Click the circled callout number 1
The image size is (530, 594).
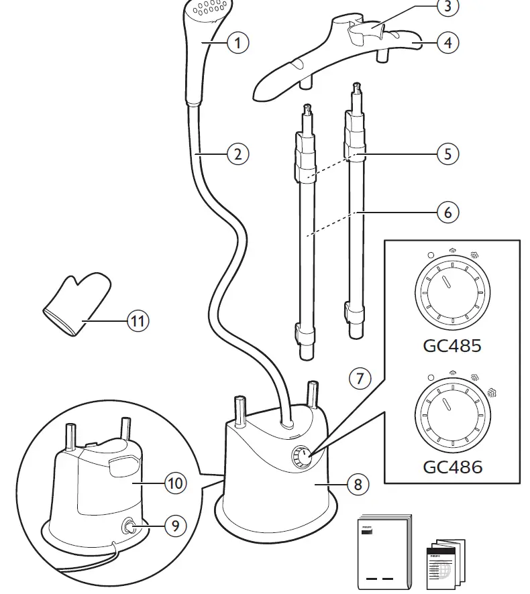pyautogui.click(x=237, y=43)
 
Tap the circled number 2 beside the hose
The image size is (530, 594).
pyautogui.click(x=237, y=154)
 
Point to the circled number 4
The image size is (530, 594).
pyautogui.click(x=446, y=43)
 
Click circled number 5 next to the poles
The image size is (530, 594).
pyautogui.click(x=447, y=154)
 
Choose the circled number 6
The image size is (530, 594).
pyautogui.click(x=447, y=213)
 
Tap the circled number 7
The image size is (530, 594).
pyautogui.click(x=360, y=378)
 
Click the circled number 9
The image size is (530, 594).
pyautogui.click(x=175, y=526)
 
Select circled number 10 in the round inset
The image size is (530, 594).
pyautogui.click(x=175, y=482)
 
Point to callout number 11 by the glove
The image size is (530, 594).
pyautogui.click(x=137, y=320)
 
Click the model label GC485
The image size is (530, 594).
pyautogui.click(x=452, y=347)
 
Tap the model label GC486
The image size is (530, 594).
pyautogui.click(x=452, y=466)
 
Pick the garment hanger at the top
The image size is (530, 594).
pyautogui.click(x=335, y=57)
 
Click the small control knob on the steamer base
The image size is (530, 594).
pyautogui.click(x=300, y=459)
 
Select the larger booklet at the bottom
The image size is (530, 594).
pyautogui.click(x=384, y=553)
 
